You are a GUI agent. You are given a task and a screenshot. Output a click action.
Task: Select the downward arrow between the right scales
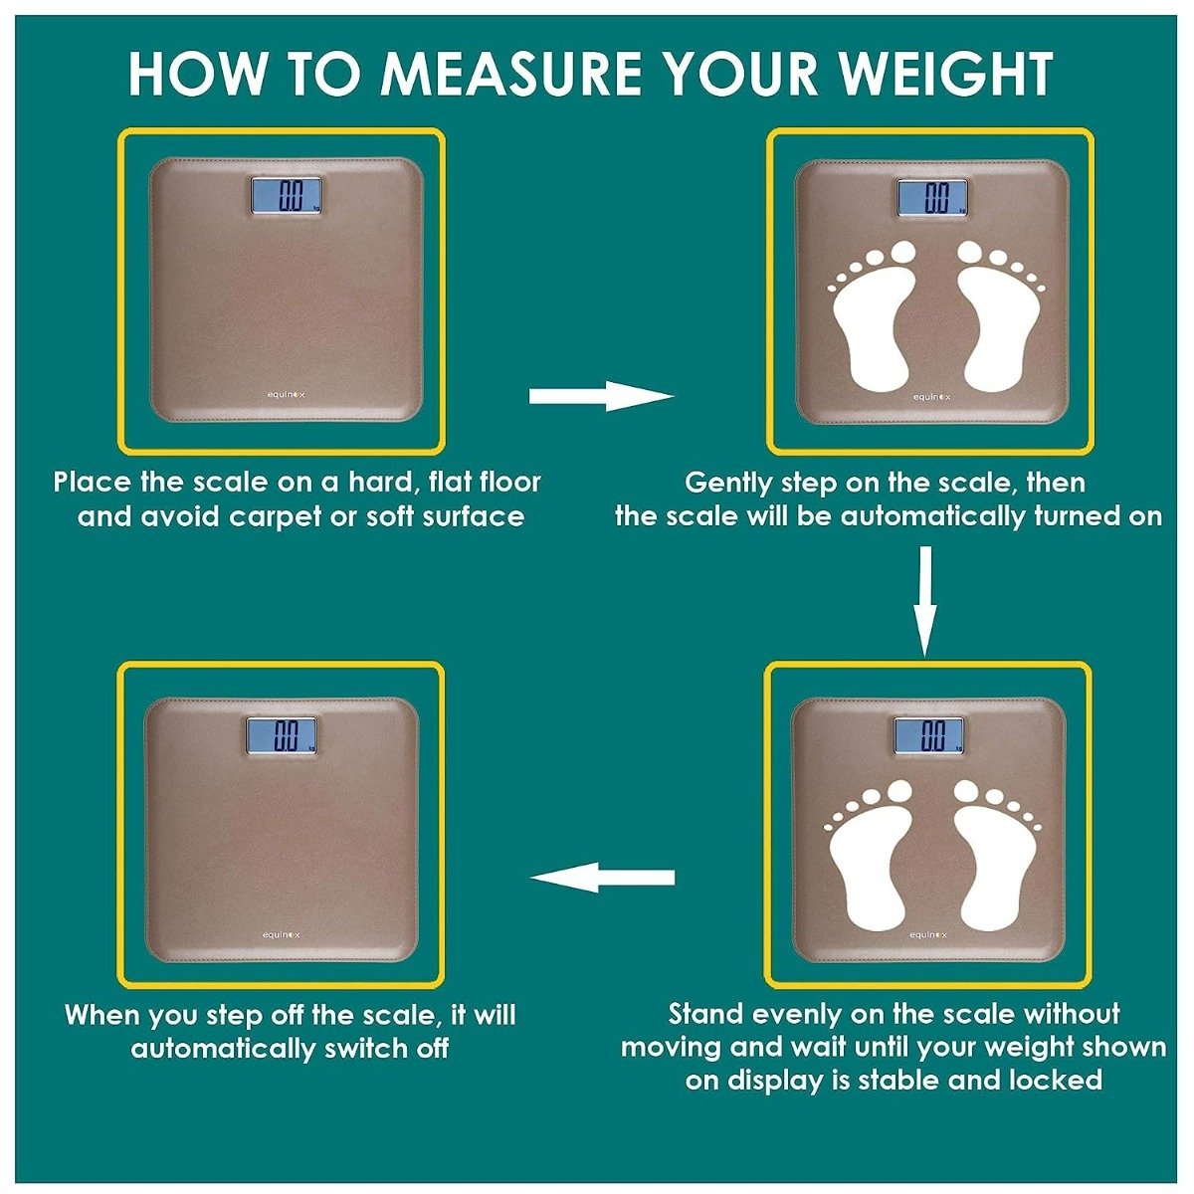pos(925,601)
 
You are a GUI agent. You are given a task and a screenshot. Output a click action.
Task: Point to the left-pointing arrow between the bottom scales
pos(603,878)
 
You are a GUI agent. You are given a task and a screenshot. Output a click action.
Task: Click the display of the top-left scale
pos(286,196)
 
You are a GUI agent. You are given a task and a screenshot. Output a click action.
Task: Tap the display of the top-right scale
pos(931,197)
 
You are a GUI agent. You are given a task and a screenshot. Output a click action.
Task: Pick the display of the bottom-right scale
pos(928,735)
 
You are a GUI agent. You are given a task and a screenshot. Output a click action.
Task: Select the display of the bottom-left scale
pos(282,734)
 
